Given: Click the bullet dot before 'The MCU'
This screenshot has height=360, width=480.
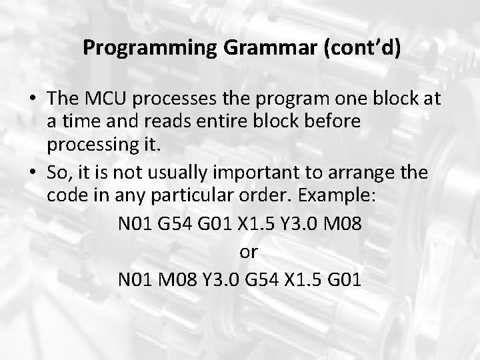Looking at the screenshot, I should point(33,99).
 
